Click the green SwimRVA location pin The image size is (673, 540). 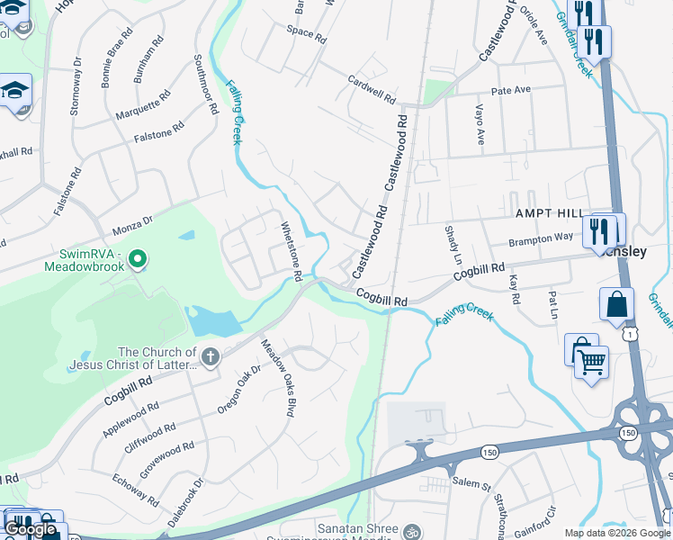coord(137,260)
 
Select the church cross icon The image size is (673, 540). coord(210,357)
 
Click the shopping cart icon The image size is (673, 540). coord(591,363)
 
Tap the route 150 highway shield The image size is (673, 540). coord(489,450)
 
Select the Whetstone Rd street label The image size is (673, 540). coord(291,252)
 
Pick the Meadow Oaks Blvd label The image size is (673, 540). coord(278,378)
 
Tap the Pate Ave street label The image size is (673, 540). coord(511,91)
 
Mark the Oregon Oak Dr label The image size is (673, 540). coord(239,390)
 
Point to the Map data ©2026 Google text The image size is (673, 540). coord(617,533)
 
